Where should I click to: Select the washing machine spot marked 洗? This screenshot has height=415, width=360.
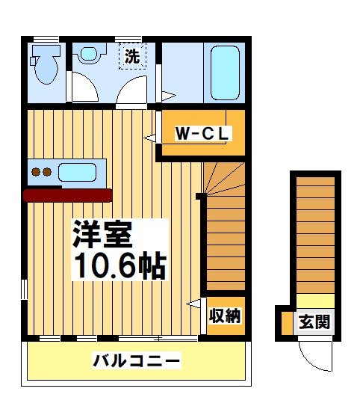[x=131, y=56]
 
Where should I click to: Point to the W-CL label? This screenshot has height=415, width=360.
[x=203, y=134]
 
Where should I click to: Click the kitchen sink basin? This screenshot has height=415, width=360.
[x=77, y=172]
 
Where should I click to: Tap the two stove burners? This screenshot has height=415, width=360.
[x=40, y=172]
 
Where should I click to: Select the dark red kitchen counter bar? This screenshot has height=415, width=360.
[x=67, y=195]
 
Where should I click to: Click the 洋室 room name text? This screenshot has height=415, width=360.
[x=102, y=236]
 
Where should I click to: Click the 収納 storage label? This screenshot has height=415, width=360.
[x=225, y=316]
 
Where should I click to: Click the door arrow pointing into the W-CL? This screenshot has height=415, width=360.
[x=150, y=138]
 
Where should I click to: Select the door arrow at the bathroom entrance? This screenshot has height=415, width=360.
[x=168, y=96]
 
